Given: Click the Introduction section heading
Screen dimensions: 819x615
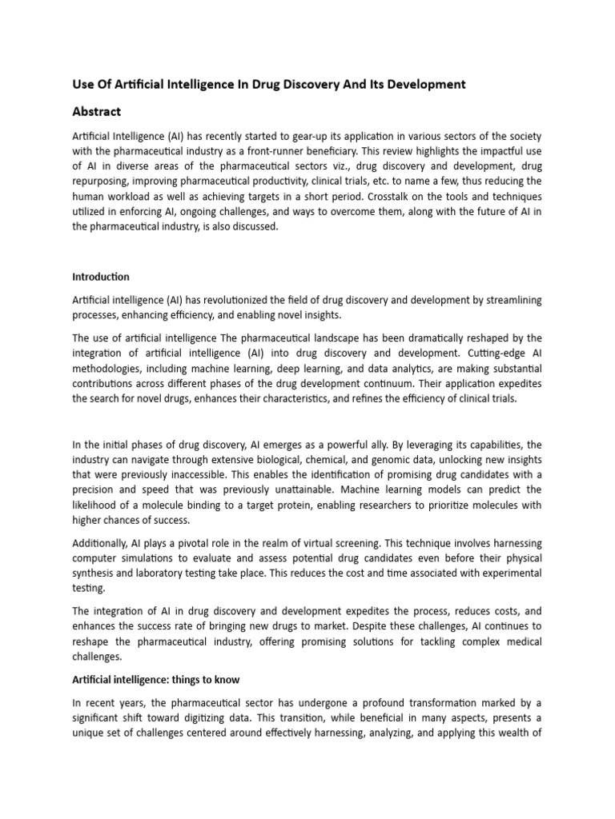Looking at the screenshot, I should [100, 277].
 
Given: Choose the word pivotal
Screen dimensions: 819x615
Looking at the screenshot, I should [193, 542].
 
